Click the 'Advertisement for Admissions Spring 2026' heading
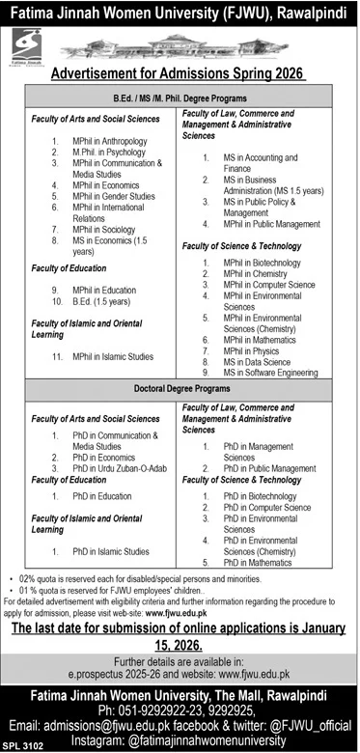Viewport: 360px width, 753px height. pyautogui.click(x=180, y=72)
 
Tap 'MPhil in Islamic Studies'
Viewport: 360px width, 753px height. pyautogui.click(x=113, y=356)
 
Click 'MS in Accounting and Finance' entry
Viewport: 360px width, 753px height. pyautogui.click(x=262, y=162)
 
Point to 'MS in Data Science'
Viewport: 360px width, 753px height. pyautogui.click(x=256, y=361)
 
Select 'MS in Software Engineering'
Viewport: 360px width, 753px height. pyautogui.click(x=269, y=373)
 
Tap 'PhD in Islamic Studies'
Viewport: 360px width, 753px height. pyautogui.click(x=110, y=551)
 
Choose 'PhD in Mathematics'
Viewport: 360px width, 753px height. pyautogui.click(x=258, y=562)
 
